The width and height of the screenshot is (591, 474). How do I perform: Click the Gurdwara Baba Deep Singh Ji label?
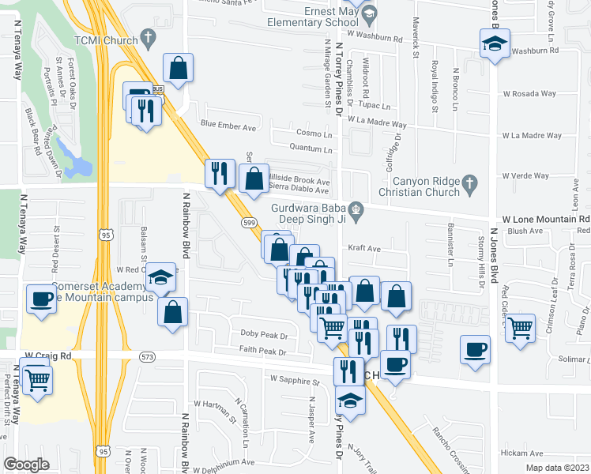pos(311,214)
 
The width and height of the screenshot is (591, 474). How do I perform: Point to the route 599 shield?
pos(247,223)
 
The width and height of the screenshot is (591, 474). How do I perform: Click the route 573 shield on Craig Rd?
pos(147,357)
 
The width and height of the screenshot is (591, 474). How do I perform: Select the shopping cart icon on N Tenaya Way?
pos(36,380)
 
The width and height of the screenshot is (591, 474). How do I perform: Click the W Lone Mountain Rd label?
pos(546,219)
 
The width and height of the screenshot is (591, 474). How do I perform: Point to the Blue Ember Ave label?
pos(228,125)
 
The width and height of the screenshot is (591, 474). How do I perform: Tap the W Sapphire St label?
pos(293,380)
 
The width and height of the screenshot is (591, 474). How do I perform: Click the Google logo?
pos(27,465)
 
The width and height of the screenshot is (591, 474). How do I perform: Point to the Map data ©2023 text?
pos(557,468)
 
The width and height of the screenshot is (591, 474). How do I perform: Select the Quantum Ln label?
pos(310,147)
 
